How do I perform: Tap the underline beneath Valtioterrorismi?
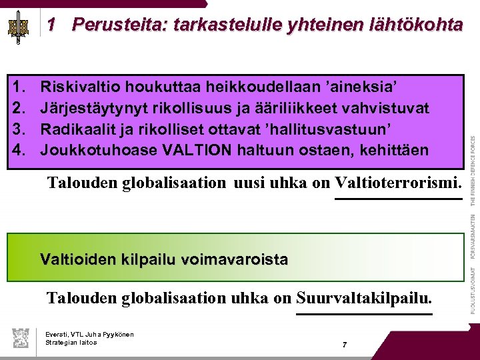[x=397, y=198]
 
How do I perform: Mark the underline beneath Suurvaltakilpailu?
[x=365, y=313]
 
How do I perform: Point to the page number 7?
[x=344, y=345]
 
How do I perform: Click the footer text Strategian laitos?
[x=71, y=342]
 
